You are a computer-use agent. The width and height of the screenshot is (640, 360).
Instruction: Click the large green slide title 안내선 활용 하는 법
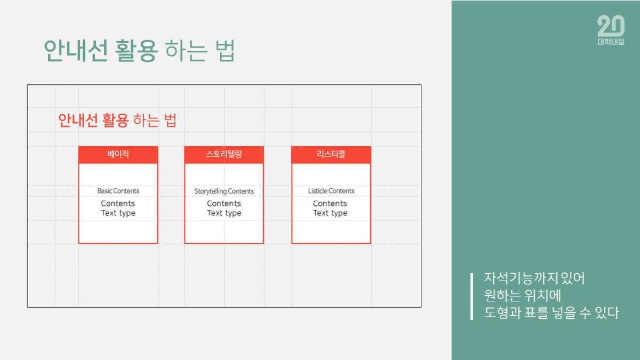pos(139,51)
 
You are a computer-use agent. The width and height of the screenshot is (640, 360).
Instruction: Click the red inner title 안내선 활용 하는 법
pos(117,120)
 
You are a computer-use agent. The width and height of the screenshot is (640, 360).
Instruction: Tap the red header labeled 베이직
pos(118,155)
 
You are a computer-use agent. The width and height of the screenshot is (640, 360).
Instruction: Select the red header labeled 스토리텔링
pos(224,155)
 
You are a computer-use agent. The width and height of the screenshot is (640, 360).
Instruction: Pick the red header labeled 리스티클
pos(331,155)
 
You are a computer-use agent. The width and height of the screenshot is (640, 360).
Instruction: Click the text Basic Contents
pos(118,191)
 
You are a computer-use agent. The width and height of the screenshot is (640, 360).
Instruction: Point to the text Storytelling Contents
pos(224,191)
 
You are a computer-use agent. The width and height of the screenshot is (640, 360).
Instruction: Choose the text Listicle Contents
pos(331,191)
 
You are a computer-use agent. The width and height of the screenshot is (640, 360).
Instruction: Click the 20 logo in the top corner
pos(611,26)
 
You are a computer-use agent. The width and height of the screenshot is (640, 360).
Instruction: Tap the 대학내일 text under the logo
pos(611,42)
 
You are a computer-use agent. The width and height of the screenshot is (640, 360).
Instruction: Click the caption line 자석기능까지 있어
pos(534,278)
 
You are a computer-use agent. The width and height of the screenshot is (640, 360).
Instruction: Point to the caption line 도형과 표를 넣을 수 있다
pos(551,313)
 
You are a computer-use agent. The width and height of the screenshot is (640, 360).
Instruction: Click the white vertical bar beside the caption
pos(471,296)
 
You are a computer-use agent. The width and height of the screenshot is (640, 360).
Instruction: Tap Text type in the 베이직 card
pos(118,213)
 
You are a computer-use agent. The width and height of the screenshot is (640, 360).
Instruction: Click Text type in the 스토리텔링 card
pos(224,213)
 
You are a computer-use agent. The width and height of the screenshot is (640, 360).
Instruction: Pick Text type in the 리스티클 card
pos(330,213)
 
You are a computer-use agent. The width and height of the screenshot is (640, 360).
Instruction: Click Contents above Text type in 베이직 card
pos(118,203)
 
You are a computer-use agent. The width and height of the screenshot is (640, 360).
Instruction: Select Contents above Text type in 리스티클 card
pos(330,203)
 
